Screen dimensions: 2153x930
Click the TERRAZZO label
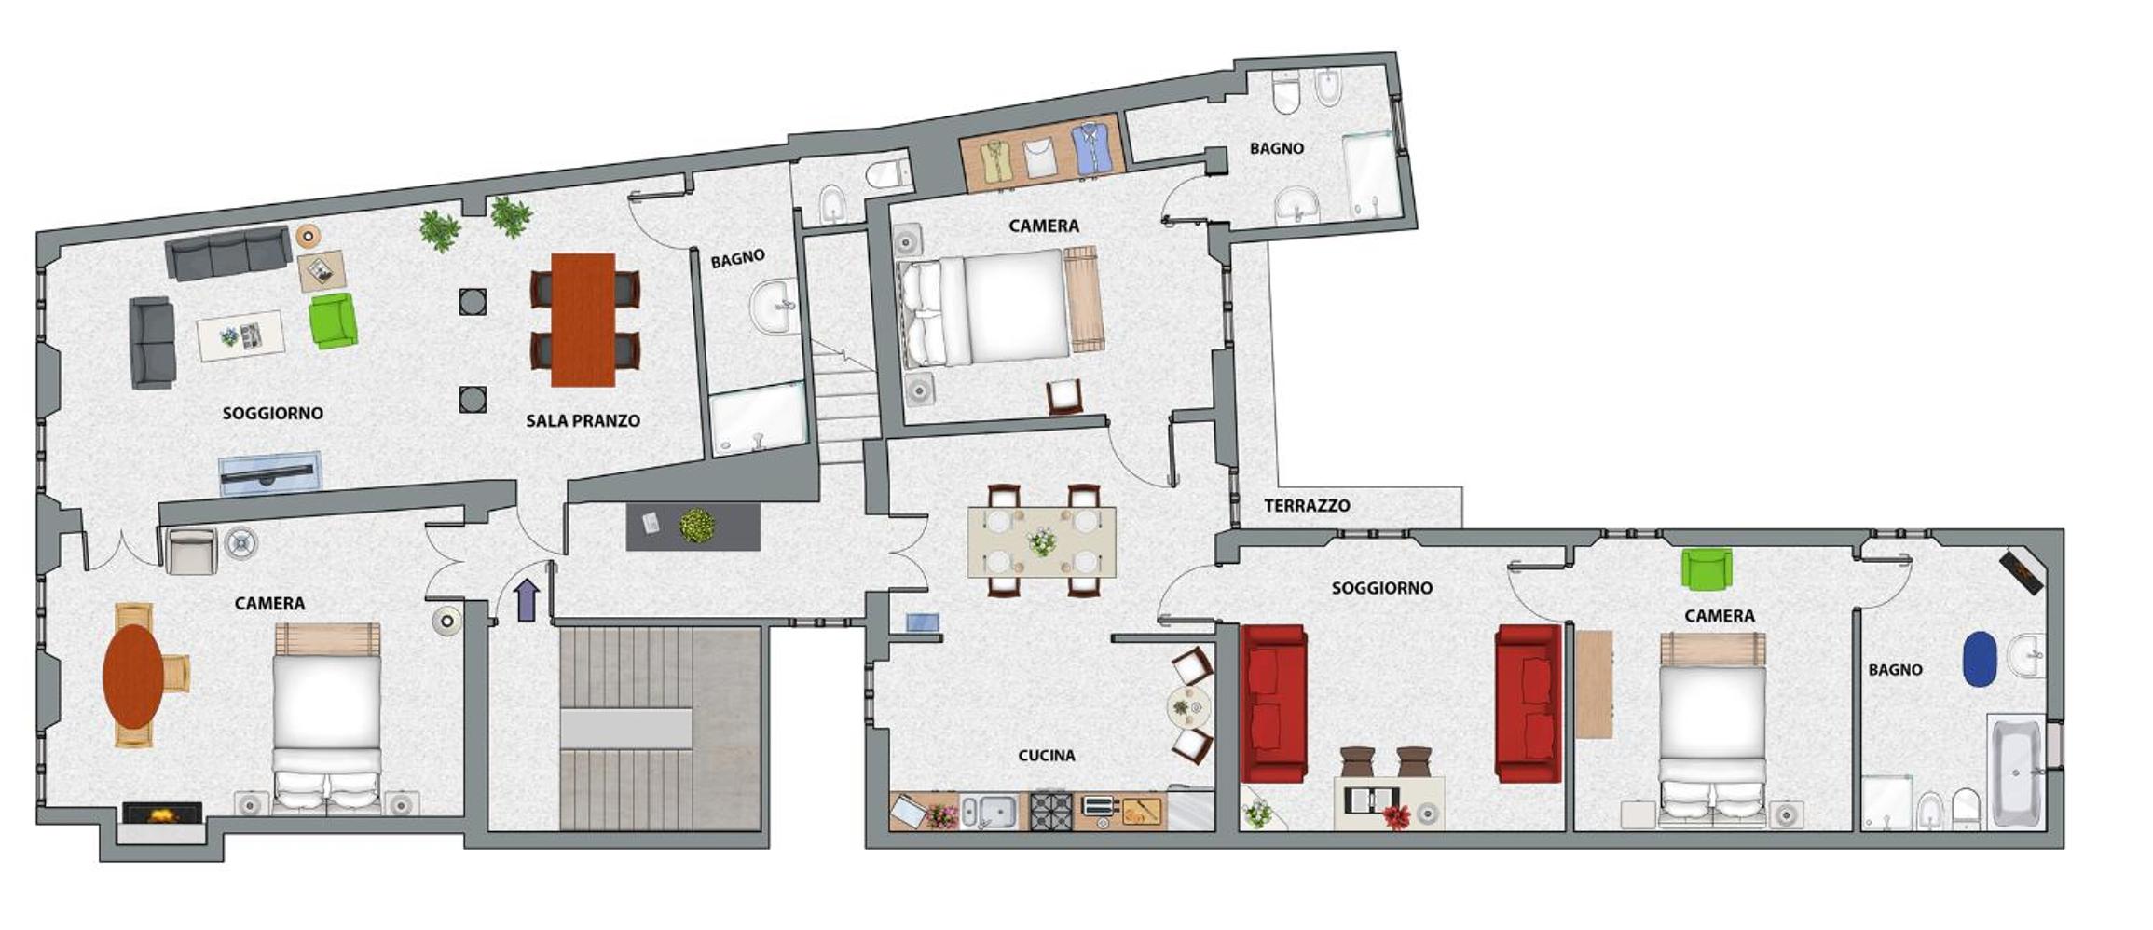click(x=1307, y=506)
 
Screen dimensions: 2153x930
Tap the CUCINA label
click(x=1046, y=755)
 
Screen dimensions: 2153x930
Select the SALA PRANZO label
click(x=583, y=420)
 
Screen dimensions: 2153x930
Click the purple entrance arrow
click(x=527, y=599)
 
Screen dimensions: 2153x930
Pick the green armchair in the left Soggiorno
click(x=333, y=321)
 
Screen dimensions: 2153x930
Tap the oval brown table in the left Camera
click(x=133, y=675)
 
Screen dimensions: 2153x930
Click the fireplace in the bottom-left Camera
click(x=163, y=814)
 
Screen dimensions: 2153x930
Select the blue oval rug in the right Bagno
click(x=1980, y=659)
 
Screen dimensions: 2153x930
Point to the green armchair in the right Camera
click(x=1707, y=568)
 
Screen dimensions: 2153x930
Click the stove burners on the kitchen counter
click(x=1051, y=810)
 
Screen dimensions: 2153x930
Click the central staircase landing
click(x=626, y=728)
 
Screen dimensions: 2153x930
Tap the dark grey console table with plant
click(x=693, y=527)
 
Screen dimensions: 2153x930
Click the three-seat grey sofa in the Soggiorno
click(x=228, y=252)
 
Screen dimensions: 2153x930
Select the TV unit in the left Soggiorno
click(x=270, y=472)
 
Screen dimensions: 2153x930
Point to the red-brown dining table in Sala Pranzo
click(x=583, y=320)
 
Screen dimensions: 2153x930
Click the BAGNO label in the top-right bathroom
click(x=1277, y=148)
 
